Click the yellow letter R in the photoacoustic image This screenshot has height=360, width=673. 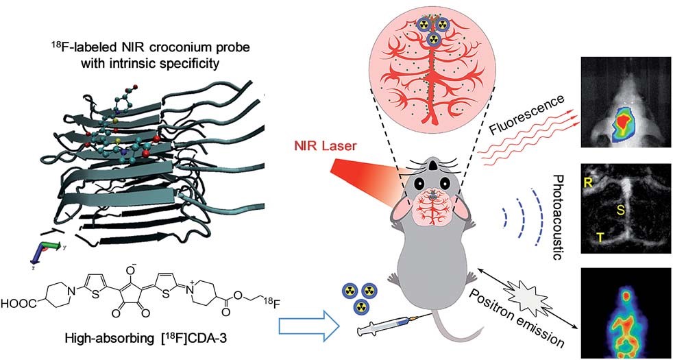(x=587, y=182)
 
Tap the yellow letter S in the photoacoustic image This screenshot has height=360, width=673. (x=620, y=211)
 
